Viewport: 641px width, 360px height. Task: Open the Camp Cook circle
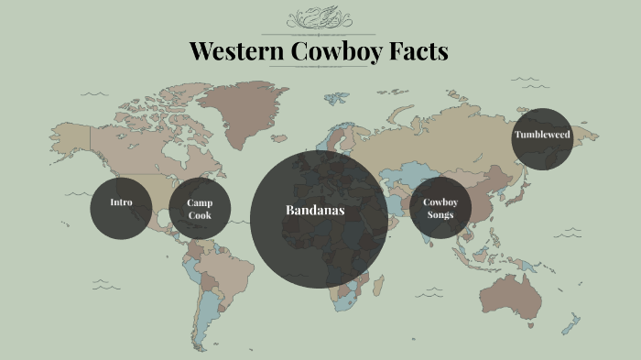pyautogui.click(x=201, y=209)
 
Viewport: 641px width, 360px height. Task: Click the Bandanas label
pyautogui.click(x=315, y=211)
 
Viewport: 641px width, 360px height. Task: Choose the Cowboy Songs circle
pyautogui.click(x=440, y=209)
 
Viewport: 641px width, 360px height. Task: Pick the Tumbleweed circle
pyautogui.click(x=542, y=136)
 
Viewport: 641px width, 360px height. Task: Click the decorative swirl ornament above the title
pyautogui.click(x=320, y=18)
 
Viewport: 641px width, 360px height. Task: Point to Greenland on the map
pyautogui.click(x=244, y=110)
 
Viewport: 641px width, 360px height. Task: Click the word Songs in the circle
pyautogui.click(x=440, y=215)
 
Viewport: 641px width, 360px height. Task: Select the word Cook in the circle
pyautogui.click(x=201, y=215)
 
